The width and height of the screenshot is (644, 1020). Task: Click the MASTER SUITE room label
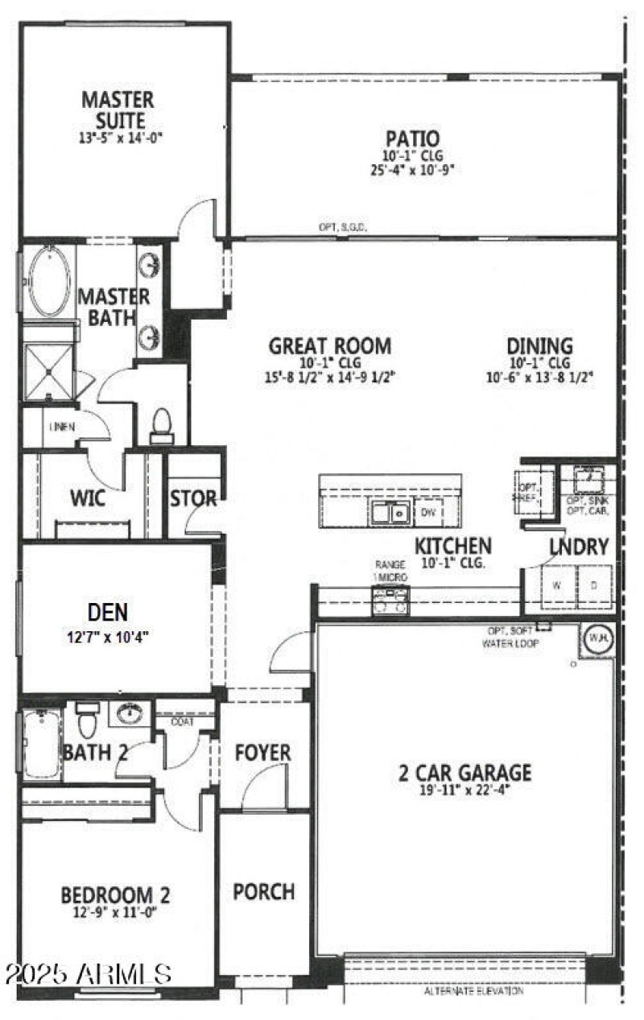click(x=118, y=110)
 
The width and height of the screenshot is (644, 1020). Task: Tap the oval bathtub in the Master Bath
click(x=49, y=281)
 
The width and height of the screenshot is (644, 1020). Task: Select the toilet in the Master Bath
click(x=162, y=426)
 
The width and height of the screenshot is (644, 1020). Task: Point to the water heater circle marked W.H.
click(x=597, y=637)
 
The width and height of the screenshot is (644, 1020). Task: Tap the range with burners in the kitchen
click(x=390, y=601)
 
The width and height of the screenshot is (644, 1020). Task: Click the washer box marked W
click(x=555, y=585)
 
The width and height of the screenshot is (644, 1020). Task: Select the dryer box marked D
click(x=593, y=585)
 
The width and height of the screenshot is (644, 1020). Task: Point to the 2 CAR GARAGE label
click(x=465, y=773)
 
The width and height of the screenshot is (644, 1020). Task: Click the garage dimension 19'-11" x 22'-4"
click(x=465, y=790)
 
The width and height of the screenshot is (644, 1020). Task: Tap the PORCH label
click(x=263, y=891)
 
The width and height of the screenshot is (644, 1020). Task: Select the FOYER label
click(x=262, y=753)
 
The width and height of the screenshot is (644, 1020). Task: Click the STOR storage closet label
click(x=193, y=499)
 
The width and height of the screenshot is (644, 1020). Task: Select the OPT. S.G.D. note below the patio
click(x=343, y=228)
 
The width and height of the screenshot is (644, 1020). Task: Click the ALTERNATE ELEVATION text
click(x=473, y=991)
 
